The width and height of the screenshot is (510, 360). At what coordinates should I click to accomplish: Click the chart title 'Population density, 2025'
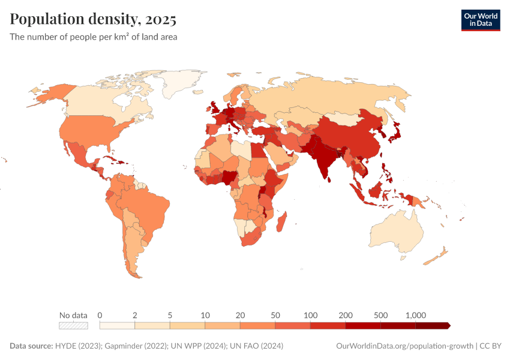click(x=93, y=20)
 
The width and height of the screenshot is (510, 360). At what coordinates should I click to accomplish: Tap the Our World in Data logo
click(x=480, y=20)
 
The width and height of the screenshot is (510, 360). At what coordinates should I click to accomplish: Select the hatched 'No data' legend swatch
click(x=73, y=326)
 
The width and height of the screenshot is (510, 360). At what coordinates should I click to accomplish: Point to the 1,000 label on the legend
click(x=415, y=315)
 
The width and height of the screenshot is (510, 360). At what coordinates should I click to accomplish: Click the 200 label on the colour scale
click(x=345, y=315)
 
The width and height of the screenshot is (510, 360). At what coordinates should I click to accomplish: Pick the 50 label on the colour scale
click(x=275, y=315)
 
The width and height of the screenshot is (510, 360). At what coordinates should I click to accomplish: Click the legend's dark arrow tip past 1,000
click(x=448, y=326)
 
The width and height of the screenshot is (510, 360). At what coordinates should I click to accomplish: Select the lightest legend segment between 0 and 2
click(x=117, y=326)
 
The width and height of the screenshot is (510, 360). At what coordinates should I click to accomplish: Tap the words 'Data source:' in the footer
click(x=31, y=346)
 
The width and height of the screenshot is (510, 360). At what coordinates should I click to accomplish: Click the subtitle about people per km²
click(x=93, y=37)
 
